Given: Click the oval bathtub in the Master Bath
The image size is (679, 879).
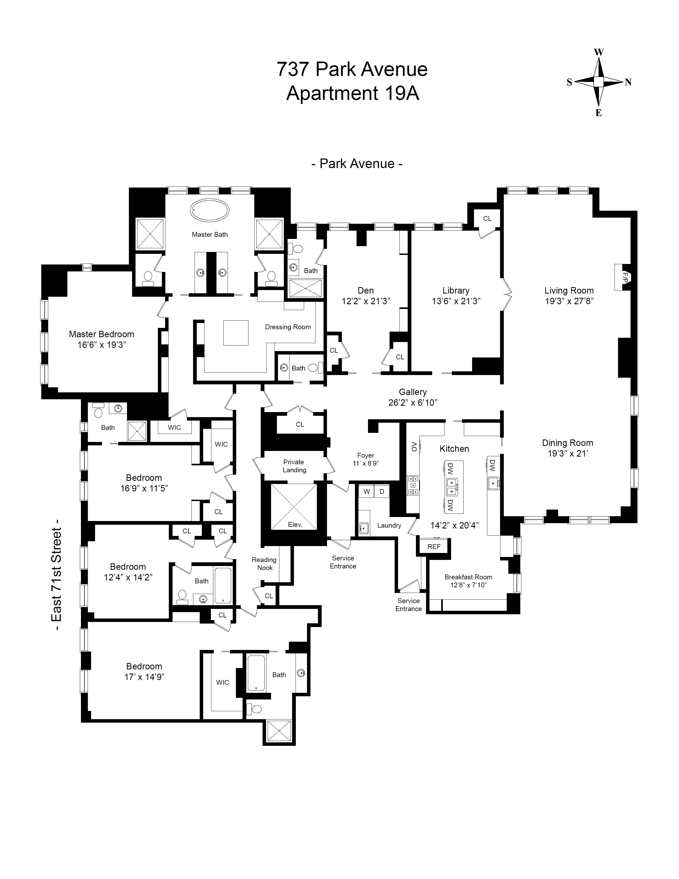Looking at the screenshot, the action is (x=210, y=210).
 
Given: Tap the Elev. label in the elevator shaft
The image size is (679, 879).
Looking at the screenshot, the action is (x=295, y=525).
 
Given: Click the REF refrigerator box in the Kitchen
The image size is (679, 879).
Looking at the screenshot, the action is (x=434, y=547).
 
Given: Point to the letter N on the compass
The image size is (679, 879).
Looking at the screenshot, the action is (x=628, y=83).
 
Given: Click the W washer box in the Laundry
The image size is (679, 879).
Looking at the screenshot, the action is (x=366, y=491).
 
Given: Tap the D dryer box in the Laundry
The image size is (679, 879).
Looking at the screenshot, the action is (x=382, y=491).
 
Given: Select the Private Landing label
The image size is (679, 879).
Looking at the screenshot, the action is (x=294, y=466).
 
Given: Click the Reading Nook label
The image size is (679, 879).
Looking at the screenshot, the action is (x=264, y=563).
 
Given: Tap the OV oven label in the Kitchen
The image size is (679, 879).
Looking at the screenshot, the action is (x=414, y=447).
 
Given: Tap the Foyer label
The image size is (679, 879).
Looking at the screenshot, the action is (x=365, y=455).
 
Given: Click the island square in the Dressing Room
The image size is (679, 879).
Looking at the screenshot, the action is (x=236, y=333).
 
